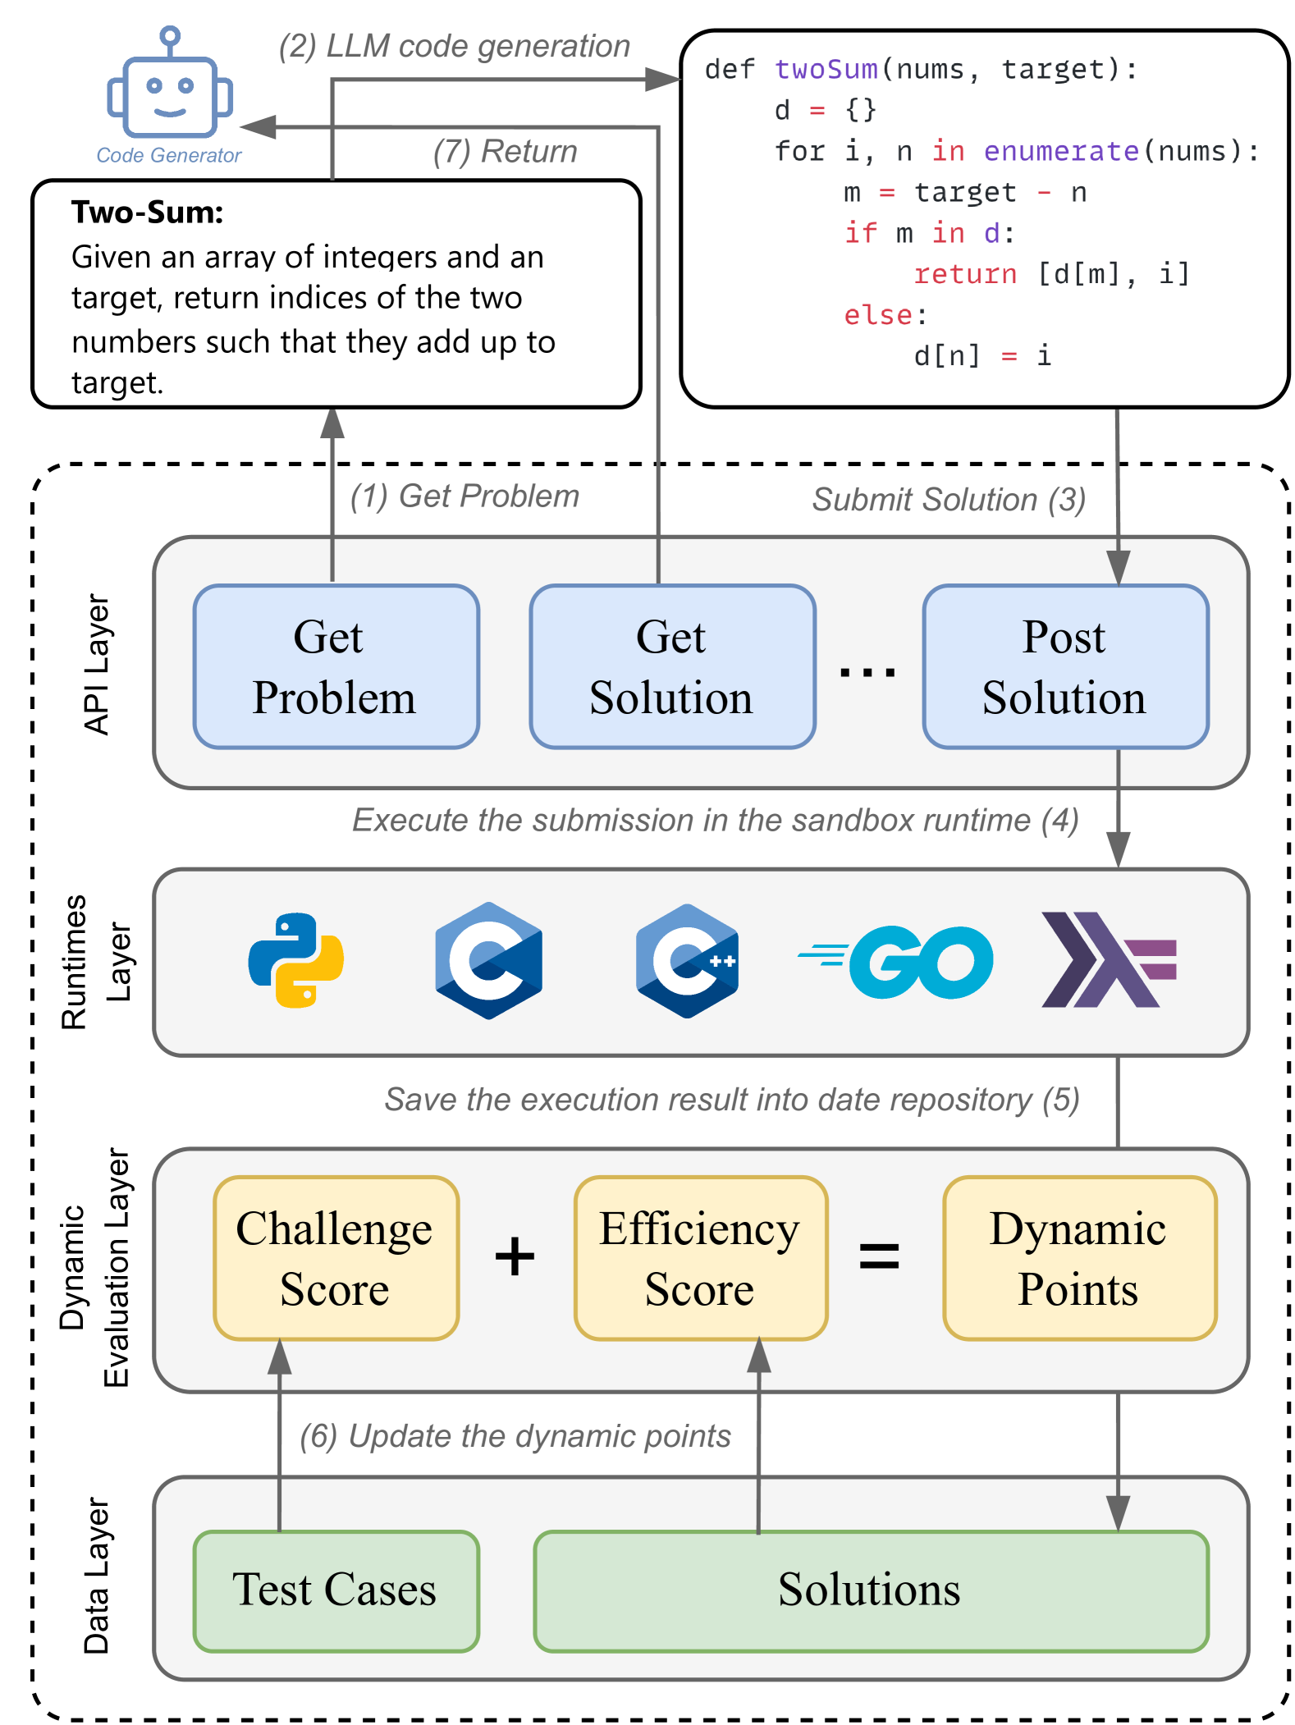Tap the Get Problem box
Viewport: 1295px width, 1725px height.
click(x=336, y=666)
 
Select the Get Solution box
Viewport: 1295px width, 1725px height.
click(x=672, y=666)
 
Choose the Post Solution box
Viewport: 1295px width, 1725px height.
click(x=1065, y=666)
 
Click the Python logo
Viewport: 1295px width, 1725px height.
click(x=295, y=960)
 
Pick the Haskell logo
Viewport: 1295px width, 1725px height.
click(x=1108, y=960)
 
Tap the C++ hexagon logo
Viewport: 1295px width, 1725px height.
click(x=688, y=961)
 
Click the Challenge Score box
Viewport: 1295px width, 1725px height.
click(x=336, y=1257)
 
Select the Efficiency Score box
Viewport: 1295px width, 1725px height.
click(x=700, y=1257)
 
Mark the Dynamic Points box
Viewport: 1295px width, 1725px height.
click(x=1079, y=1257)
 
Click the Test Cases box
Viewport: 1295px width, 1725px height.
click(x=336, y=1590)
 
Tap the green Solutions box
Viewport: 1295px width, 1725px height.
click(x=870, y=1590)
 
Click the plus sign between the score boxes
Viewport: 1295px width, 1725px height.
click(x=515, y=1256)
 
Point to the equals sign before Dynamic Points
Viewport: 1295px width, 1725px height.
click(x=879, y=1256)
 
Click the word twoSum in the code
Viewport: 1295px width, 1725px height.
click(x=826, y=70)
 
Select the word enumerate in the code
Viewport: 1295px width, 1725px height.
click(x=1061, y=151)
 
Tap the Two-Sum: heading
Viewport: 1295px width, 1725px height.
click(x=148, y=213)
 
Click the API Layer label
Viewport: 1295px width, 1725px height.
click(x=97, y=665)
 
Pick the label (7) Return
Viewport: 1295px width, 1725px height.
click(x=505, y=152)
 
